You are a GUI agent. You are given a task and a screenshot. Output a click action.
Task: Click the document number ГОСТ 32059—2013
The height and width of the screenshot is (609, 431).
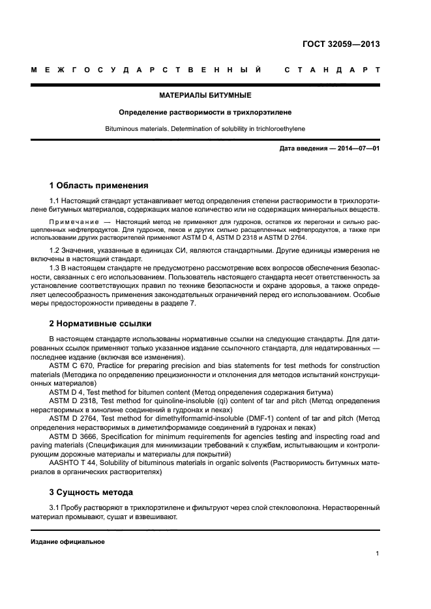(x=341, y=44)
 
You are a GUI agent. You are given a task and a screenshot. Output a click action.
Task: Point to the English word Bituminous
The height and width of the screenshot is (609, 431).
(x=122, y=129)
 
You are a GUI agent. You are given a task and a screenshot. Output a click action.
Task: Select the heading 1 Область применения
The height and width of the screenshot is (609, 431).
(x=98, y=185)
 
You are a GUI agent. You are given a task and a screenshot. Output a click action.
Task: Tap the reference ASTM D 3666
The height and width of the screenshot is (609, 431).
(x=74, y=436)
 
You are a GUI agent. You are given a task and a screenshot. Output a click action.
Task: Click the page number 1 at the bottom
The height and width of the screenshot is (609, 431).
(x=378, y=553)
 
